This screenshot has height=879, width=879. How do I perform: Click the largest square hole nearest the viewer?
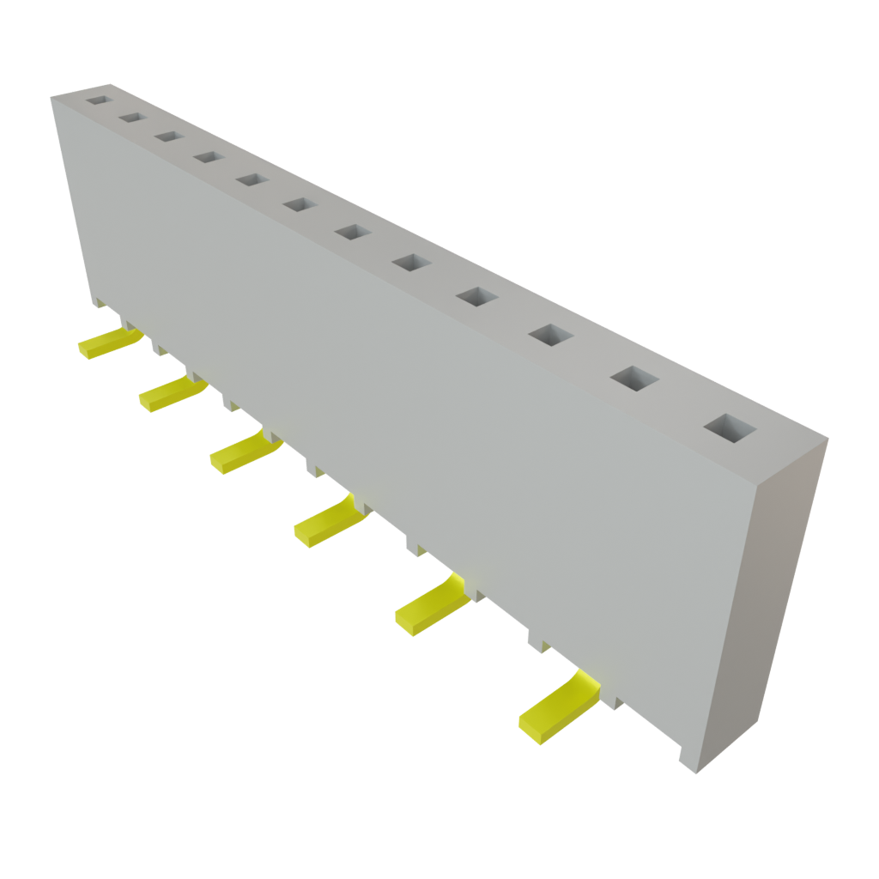(x=728, y=427)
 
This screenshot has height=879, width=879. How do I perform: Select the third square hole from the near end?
(x=551, y=335)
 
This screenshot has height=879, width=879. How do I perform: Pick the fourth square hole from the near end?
(x=478, y=297)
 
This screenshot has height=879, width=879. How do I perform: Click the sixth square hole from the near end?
(x=352, y=232)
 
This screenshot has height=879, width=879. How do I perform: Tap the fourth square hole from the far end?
(x=207, y=156)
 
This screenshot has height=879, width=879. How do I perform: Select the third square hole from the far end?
(x=167, y=136)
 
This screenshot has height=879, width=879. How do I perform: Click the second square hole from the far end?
(x=131, y=117)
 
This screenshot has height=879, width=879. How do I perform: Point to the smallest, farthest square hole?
(x=98, y=100)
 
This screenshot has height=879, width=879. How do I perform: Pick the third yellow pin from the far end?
(x=243, y=452)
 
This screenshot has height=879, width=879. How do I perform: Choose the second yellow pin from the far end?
(x=170, y=393)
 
